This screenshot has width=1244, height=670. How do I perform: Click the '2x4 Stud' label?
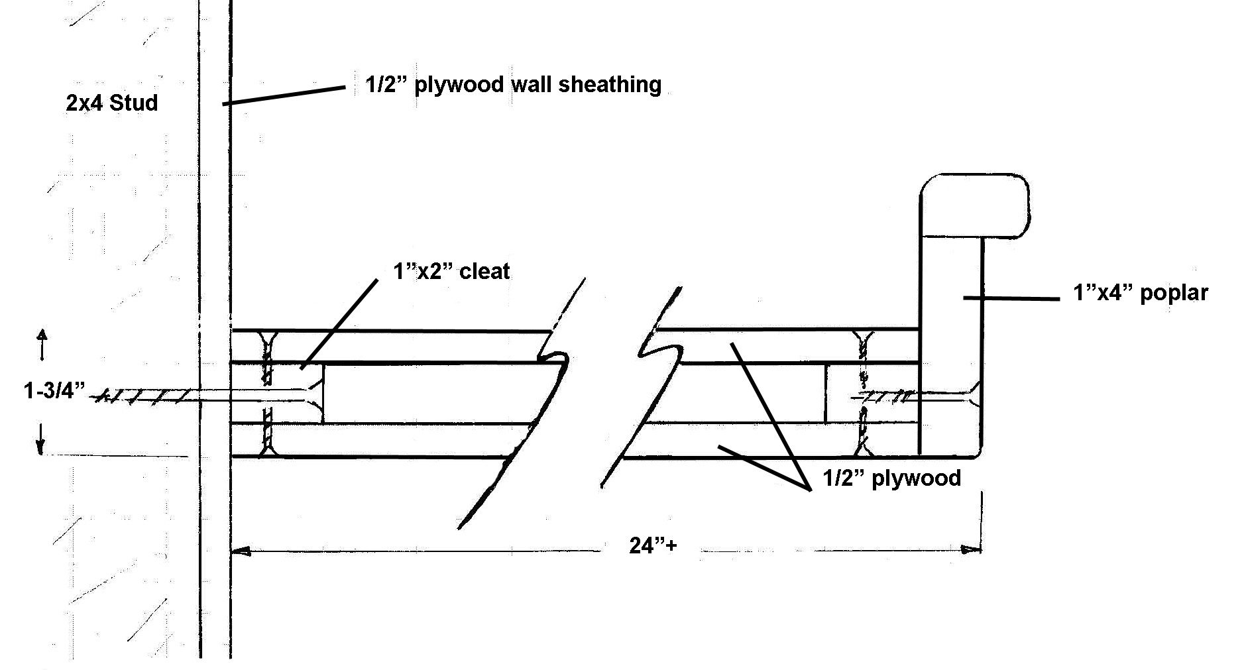pyautogui.click(x=112, y=103)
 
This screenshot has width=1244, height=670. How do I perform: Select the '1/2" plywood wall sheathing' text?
pyautogui.click(x=513, y=85)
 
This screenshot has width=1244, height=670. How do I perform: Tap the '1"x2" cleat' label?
pyautogui.click(x=451, y=271)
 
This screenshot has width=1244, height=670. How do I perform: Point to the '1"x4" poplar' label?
pyautogui.click(x=1140, y=293)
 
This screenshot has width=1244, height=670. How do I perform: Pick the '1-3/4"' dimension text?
pyautogui.click(x=54, y=391)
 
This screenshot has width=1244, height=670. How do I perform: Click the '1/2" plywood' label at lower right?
pyautogui.click(x=891, y=477)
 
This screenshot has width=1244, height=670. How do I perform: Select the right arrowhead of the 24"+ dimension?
pyautogui.click(x=972, y=549)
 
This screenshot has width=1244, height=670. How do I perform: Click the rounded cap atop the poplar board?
pyautogui.click(x=974, y=205)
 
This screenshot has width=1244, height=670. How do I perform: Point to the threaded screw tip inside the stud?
pyautogui.click(x=146, y=396)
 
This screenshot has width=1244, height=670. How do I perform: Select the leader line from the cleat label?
pyautogui.click(x=339, y=323)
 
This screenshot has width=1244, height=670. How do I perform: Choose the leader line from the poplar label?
pyautogui.click(x=1011, y=298)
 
